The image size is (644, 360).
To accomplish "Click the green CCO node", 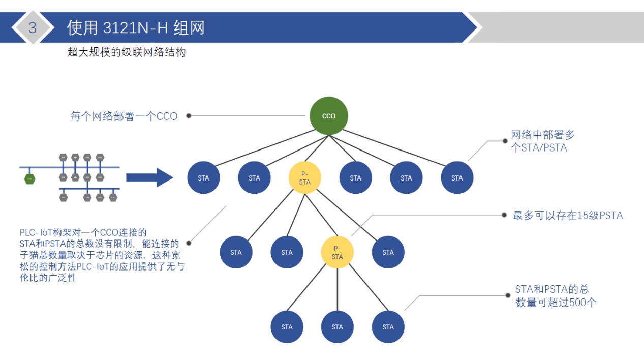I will [x=329, y=116].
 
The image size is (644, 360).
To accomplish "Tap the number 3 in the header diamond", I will [x=33, y=27].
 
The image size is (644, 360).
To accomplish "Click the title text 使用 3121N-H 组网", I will [x=136, y=27].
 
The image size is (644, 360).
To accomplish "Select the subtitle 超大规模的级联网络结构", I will [x=127, y=52].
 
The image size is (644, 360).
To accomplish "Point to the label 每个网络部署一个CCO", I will [x=124, y=116].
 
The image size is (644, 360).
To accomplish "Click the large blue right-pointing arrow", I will [x=149, y=177].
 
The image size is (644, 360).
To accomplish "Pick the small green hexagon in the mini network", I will [x=30, y=178].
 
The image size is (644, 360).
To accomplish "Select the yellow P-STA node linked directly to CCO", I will [x=304, y=178].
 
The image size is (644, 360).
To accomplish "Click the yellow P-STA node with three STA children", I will [x=337, y=252].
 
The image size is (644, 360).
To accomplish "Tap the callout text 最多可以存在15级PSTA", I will [x=568, y=215].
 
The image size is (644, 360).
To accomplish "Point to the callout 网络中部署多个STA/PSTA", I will [x=542, y=141].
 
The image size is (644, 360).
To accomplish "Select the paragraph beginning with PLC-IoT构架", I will [x=102, y=255].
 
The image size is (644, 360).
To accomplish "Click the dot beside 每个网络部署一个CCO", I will [x=189, y=116].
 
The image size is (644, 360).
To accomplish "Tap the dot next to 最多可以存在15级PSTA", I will [x=504, y=215].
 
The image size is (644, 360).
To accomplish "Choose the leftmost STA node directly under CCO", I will [x=203, y=178].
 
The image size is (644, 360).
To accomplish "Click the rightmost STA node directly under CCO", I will [x=457, y=178].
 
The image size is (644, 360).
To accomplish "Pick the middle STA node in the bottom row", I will [x=337, y=327].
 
